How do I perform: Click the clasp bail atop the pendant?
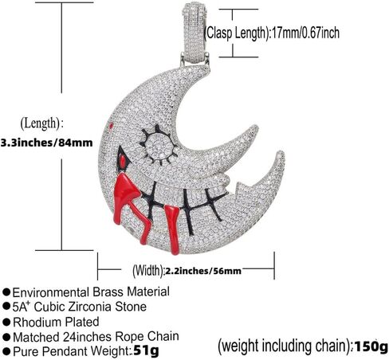(194, 33)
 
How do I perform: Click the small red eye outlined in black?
(123, 160)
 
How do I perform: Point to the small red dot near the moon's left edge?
(111, 126)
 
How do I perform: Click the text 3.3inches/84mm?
(47, 143)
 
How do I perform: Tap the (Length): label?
(42, 123)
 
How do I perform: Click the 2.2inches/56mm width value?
(203, 271)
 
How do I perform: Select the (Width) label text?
(147, 271)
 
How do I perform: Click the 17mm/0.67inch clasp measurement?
(305, 33)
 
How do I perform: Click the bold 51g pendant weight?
(146, 350)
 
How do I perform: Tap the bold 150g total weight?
(371, 346)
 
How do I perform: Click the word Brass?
(108, 292)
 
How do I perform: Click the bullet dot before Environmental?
(6, 292)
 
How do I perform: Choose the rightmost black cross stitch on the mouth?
(214, 204)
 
